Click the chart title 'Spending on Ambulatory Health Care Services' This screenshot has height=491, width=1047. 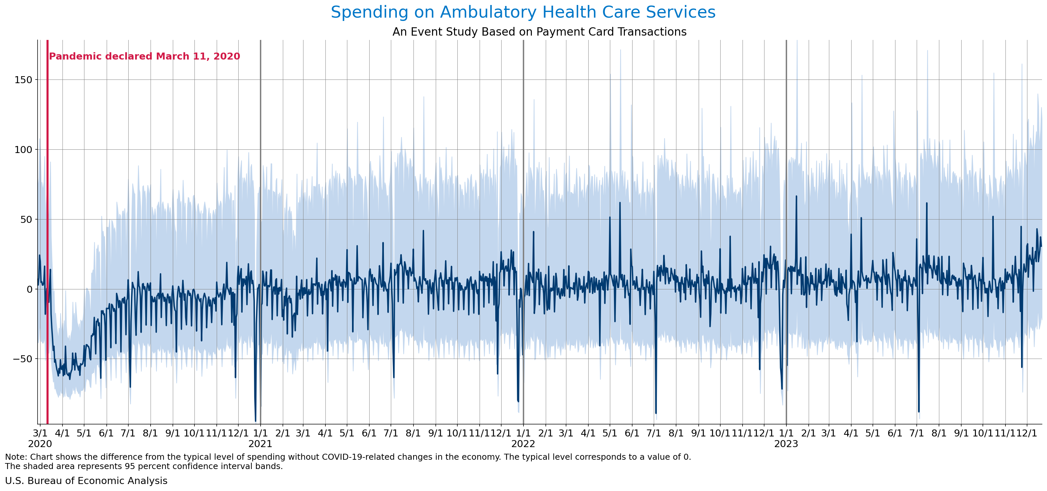(x=523, y=12)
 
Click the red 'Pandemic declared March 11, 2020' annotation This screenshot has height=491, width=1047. (x=144, y=56)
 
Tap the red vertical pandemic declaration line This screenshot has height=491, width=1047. (x=48, y=244)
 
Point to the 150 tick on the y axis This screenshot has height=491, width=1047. (x=23, y=80)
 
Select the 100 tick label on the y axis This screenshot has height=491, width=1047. (x=23, y=150)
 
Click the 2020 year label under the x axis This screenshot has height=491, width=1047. (x=40, y=444)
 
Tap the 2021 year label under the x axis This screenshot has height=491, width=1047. (x=260, y=444)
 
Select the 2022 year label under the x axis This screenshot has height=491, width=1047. (x=523, y=444)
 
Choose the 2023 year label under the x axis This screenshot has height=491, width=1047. (x=786, y=444)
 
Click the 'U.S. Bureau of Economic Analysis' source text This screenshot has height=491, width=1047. (x=86, y=481)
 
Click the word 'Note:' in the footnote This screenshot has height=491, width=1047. (x=16, y=457)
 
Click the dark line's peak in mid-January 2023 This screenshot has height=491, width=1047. (x=796, y=196)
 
